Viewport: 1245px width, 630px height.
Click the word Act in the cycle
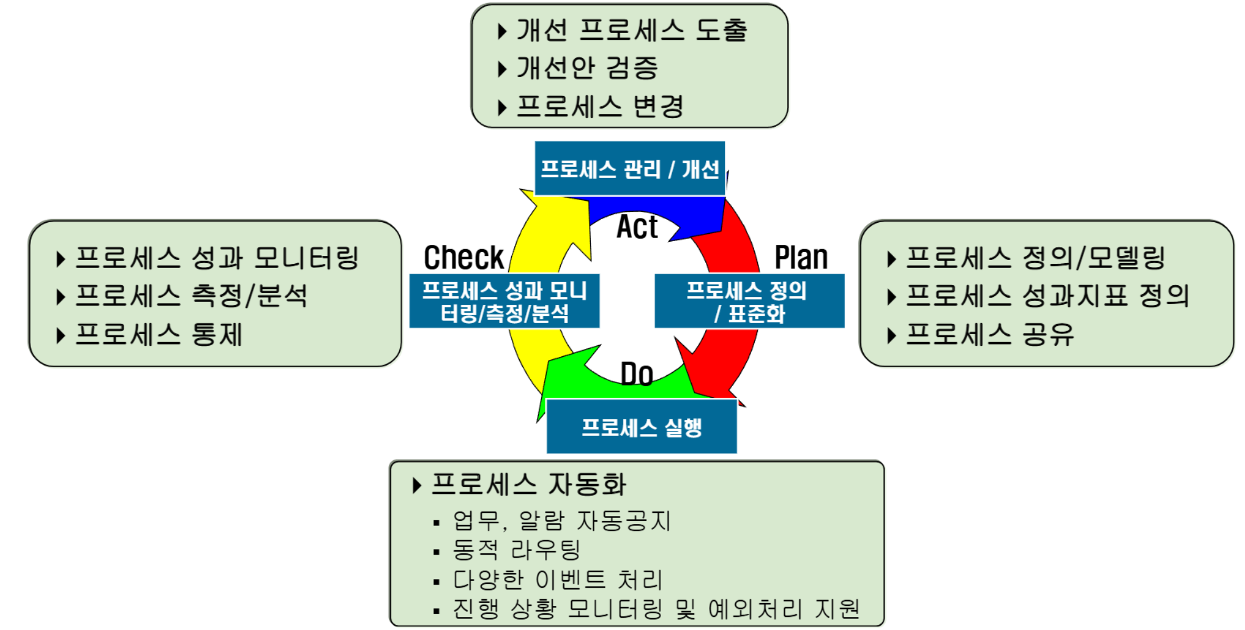(636, 227)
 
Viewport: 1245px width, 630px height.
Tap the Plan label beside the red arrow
(801, 257)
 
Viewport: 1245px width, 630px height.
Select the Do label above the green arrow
(636, 374)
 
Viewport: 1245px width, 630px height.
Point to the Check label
(463, 257)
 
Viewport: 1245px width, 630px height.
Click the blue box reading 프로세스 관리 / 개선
(630, 169)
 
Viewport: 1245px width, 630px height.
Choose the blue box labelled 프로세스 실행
(641, 427)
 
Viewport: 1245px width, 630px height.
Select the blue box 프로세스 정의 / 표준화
(749, 301)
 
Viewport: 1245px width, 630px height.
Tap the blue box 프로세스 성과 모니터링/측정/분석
(504, 301)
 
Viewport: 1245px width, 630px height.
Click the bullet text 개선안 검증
(586, 68)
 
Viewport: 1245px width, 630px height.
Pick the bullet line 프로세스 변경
(600, 107)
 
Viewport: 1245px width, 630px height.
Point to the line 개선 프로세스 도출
(631, 30)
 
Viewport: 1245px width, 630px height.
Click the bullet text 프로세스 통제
(158, 335)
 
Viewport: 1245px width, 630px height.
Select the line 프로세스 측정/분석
(191, 296)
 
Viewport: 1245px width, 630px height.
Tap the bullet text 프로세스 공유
(989, 335)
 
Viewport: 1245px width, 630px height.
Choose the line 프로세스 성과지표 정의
(1047, 296)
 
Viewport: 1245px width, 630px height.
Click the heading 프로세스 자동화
(528, 484)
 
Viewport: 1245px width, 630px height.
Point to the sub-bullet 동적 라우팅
(516, 550)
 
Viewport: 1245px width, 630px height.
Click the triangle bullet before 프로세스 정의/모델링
(891, 259)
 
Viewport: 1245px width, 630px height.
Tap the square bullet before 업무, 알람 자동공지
(436, 523)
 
